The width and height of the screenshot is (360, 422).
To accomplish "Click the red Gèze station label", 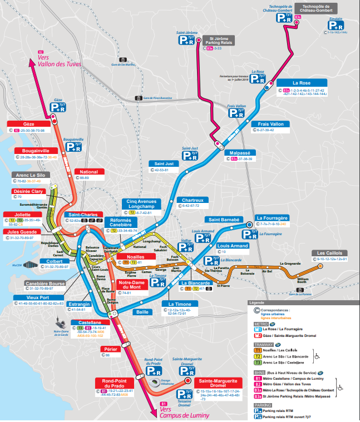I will point(28,124).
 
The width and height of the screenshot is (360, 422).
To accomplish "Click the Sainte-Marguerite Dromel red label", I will point(218,383).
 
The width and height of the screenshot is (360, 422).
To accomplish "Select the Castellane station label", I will point(90,322).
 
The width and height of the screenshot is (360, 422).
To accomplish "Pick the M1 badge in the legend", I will point(258,329).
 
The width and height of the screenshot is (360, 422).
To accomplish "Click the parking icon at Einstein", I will point(335,26).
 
